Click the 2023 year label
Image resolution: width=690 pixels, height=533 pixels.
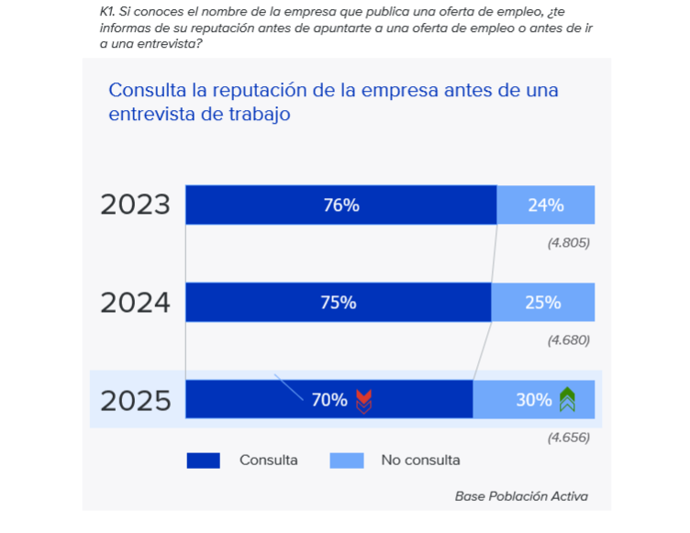point(136,205)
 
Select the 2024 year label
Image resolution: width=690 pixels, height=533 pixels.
point(136,302)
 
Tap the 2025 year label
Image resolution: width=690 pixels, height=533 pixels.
point(136,400)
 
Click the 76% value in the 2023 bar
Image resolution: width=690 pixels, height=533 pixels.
point(340,205)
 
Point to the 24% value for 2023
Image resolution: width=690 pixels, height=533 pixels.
point(545,205)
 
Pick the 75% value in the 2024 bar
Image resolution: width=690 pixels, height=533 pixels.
point(338,303)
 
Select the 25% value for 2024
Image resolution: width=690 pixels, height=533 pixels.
point(542,303)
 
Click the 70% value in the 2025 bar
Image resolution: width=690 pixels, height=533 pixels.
point(329,400)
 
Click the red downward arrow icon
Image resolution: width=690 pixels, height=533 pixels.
point(364,400)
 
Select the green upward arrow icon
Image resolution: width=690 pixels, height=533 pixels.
point(568,399)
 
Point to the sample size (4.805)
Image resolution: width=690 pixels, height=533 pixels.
point(568,243)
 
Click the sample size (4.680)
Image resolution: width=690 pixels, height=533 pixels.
point(568,340)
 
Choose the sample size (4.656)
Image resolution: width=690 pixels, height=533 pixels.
point(568,438)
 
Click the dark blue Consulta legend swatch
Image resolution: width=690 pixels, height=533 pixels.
point(204,461)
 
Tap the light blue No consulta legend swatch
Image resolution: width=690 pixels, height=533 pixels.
point(347,461)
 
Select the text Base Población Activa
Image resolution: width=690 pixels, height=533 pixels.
point(521,496)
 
